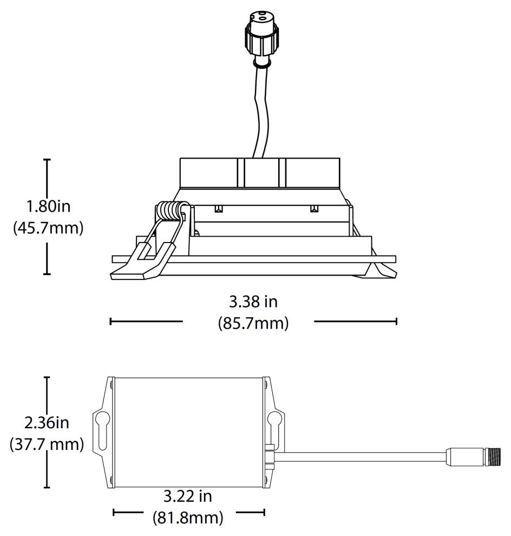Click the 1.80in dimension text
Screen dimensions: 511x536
pos(49,206)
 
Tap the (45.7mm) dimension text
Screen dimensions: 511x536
pos(48,227)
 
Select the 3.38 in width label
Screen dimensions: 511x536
pos(253,302)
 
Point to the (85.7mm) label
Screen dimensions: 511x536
pos(253,323)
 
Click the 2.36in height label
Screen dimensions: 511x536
pos(47,423)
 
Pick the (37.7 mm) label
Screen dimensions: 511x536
pos(47,445)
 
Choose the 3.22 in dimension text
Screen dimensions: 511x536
pos(188,496)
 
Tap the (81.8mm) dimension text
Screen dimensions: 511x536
pos(188,518)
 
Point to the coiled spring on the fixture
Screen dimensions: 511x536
pos(169,210)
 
